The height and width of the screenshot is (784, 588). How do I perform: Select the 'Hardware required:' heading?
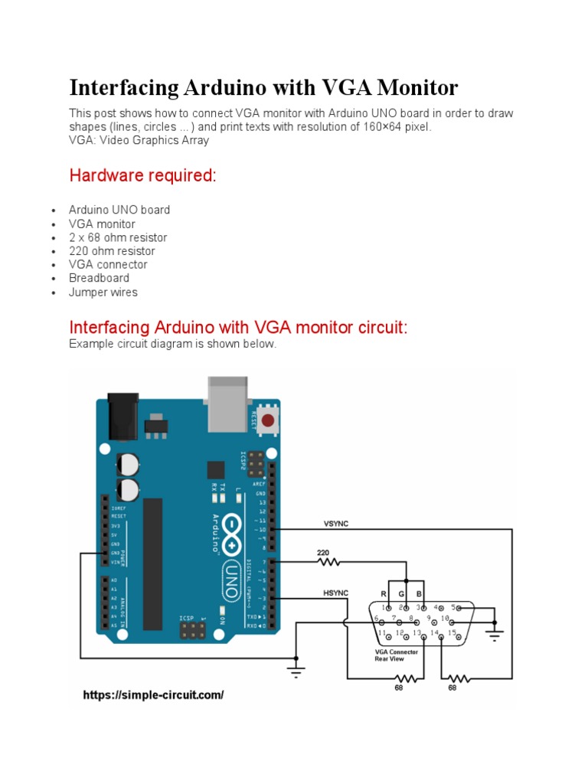[143, 176]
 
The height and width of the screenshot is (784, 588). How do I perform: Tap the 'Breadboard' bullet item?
[99, 278]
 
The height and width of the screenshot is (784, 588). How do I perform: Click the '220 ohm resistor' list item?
[112, 251]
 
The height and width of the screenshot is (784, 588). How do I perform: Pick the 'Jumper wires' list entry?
[103, 292]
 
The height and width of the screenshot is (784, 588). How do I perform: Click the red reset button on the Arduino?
[268, 420]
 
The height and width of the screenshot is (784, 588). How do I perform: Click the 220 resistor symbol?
[330, 561]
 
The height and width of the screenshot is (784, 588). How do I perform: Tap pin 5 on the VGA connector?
[452, 608]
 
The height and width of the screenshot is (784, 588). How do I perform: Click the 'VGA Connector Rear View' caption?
[396, 655]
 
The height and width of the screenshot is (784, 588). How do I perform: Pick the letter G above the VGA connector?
[400, 594]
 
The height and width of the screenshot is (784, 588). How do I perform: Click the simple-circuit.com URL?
[153, 695]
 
